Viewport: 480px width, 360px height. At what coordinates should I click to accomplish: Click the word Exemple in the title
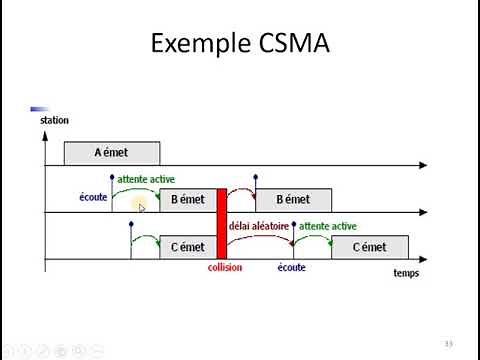pyautogui.click(x=198, y=45)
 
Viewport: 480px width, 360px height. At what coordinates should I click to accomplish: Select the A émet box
pyautogui.click(x=111, y=153)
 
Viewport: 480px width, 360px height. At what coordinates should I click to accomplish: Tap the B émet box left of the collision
pyautogui.click(x=187, y=200)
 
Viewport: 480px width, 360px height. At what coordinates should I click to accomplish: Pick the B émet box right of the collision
pyautogui.click(x=292, y=200)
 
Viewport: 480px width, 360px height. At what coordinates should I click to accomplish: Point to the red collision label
pyautogui.click(x=224, y=268)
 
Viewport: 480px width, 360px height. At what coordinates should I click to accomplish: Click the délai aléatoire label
pyautogui.click(x=259, y=226)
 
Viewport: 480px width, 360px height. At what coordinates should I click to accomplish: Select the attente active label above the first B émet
pyautogui.click(x=146, y=179)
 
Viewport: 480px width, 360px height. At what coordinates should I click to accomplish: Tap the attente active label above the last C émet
pyautogui.click(x=327, y=226)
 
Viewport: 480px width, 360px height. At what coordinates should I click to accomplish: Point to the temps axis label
pyautogui.click(x=406, y=273)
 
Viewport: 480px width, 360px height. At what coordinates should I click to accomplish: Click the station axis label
pyautogui.click(x=54, y=121)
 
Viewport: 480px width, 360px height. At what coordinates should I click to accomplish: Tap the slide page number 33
pyautogui.click(x=449, y=344)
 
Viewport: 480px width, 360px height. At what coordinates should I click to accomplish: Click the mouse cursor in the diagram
pyautogui.click(x=141, y=208)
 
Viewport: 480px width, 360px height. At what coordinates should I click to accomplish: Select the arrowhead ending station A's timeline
pyautogui.click(x=424, y=165)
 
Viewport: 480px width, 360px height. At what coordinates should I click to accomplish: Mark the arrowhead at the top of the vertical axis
pyautogui.click(x=45, y=132)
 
